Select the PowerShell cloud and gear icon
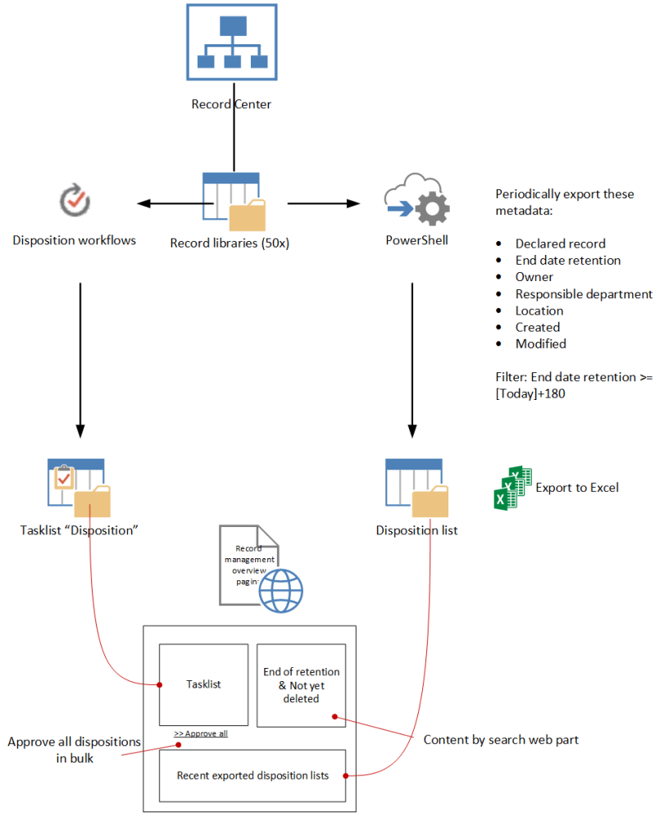pyautogui.click(x=416, y=201)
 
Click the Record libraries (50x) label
pyautogui.click(x=230, y=243)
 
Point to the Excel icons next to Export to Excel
pyautogui.click(x=513, y=488)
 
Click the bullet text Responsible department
pyautogui.click(x=584, y=293)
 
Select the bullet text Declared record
pyautogui.click(x=561, y=243)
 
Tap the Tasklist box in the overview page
pyautogui.click(x=203, y=684)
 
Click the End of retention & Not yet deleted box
pyautogui.click(x=302, y=685)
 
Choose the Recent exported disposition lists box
pyautogui.click(x=253, y=774)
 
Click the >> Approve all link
pyautogui.click(x=201, y=734)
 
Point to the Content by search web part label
pyautogui.click(x=501, y=740)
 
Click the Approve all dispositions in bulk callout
pyautogui.click(x=74, y=750)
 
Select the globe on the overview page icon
pyautogui.click(x=281, y=590)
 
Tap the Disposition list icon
pyautogui.click(x=416, y=488)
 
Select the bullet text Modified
pyautogui.click(x=540, y=343)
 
